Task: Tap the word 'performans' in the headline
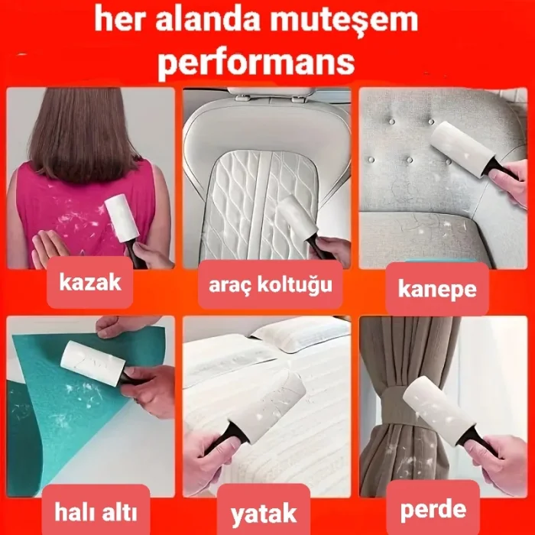pyautogui.click(x=256, y=62)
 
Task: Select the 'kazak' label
pyautogui.click(x=91, y=283)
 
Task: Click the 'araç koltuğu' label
pyautogui.click(x=270, y=286)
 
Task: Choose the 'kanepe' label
pyautogui.click(x=437, y=289)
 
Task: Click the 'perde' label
pyautogui.click(x=433, y=507)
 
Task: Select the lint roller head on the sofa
pyautogui.click(x=459, y=148)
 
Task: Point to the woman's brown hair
pyautogui.click(x=85, y=130)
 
